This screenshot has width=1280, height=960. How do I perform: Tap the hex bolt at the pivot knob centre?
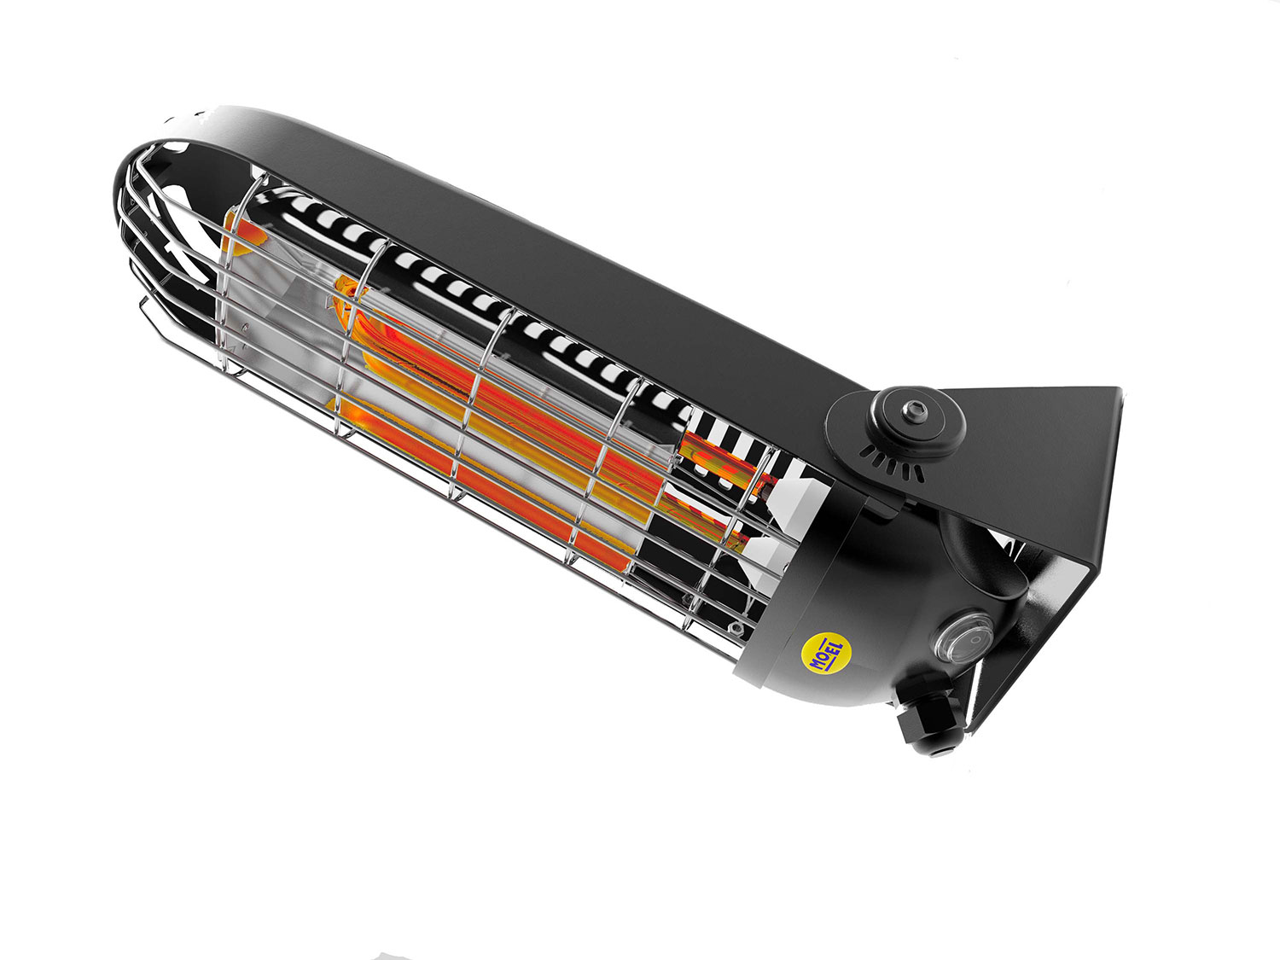914,411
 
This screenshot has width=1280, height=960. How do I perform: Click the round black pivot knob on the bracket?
915,421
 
